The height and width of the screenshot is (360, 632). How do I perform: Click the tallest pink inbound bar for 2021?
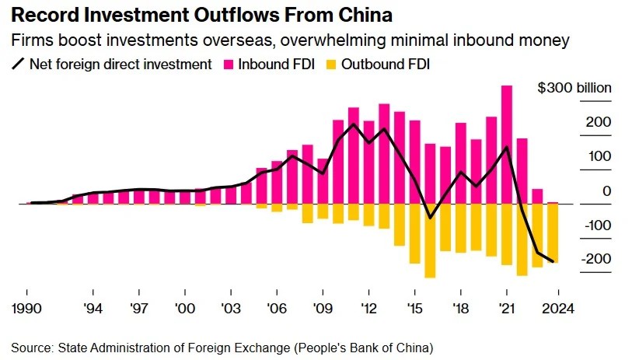[x=506, y=145]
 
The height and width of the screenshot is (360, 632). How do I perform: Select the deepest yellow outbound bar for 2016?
[x=430, y=241]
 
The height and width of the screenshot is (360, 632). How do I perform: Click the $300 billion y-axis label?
[x=574, y=88]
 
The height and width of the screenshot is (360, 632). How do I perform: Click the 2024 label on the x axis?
[x=558, y=308]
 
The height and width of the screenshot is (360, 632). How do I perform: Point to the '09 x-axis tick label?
[x=323, y=308]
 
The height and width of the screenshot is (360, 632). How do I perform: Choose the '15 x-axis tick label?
[x=414, y=308]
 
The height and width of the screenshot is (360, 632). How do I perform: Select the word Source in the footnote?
[x=30, y=346]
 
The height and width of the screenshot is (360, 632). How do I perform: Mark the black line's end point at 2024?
[x=553, y=261]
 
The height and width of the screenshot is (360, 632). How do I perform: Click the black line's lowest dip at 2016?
[x=430, y=218]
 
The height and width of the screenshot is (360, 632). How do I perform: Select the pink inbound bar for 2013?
[x=384, y=154]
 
